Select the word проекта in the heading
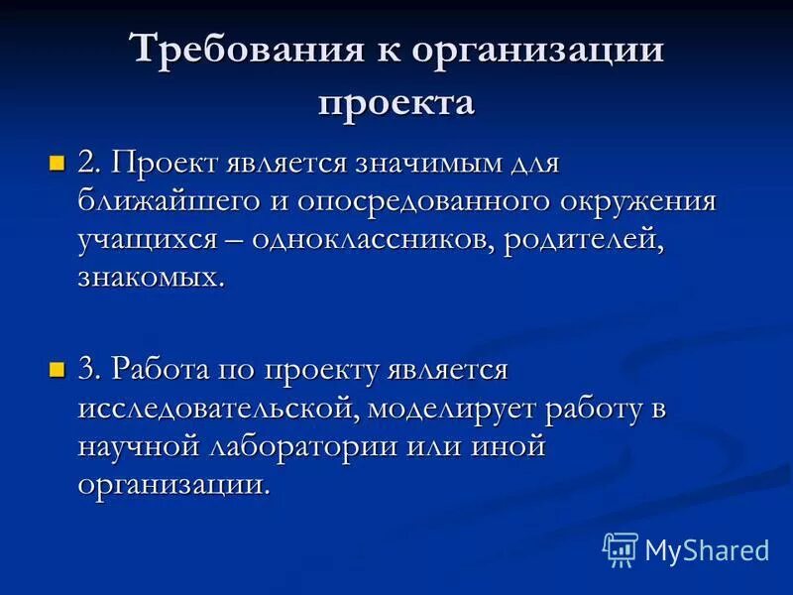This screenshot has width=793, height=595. (396, 101)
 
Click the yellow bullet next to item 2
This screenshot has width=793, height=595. (57, 161)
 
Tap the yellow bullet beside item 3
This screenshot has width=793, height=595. (57, 370)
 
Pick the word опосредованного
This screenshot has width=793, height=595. (433, 202)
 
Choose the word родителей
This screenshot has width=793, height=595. (582, 240)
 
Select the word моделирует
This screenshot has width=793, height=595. (461, 409)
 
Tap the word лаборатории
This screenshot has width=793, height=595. (301, 446)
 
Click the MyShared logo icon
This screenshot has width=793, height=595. (620, 548)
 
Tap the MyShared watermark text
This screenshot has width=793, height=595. (707, 550)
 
